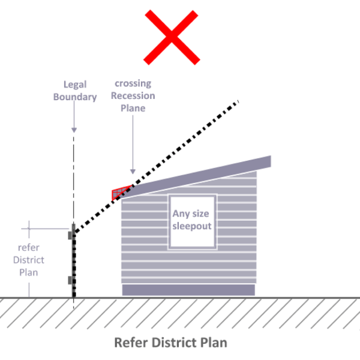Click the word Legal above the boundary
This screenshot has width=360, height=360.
tap(75, 85)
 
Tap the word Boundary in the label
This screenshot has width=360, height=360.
tap(75, 97)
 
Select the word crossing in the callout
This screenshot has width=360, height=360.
tap(133, 83)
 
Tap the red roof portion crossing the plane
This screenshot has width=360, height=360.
tap(121, 193)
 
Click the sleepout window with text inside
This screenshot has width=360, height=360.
tap(193, 221)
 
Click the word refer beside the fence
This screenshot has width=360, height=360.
tap(28, 247)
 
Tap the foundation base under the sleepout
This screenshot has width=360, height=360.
tap(188, 290)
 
